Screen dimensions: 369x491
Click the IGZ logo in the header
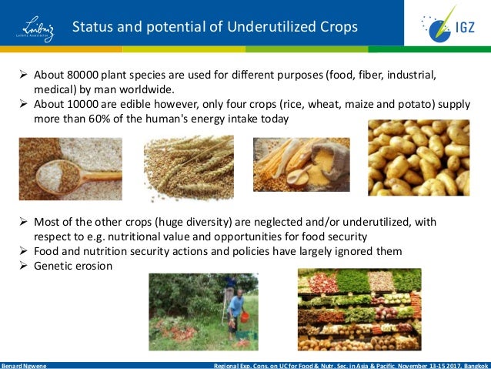click(x=446, y=26)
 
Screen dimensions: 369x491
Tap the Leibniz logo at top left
click(x=34, y=27)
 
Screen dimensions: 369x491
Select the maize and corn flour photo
click(x=301, y=164)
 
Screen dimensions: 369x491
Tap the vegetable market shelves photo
click(x=359, y=309)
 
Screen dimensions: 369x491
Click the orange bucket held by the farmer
click(x=244, y=317)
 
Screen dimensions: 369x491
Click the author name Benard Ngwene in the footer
click(x=24, y=365)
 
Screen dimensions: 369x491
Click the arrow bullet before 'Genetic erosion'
click(x=23, y=266)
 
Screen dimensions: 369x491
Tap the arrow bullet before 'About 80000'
click(x=23, y=75)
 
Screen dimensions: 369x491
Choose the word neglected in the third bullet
click(x=252, y=222)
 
